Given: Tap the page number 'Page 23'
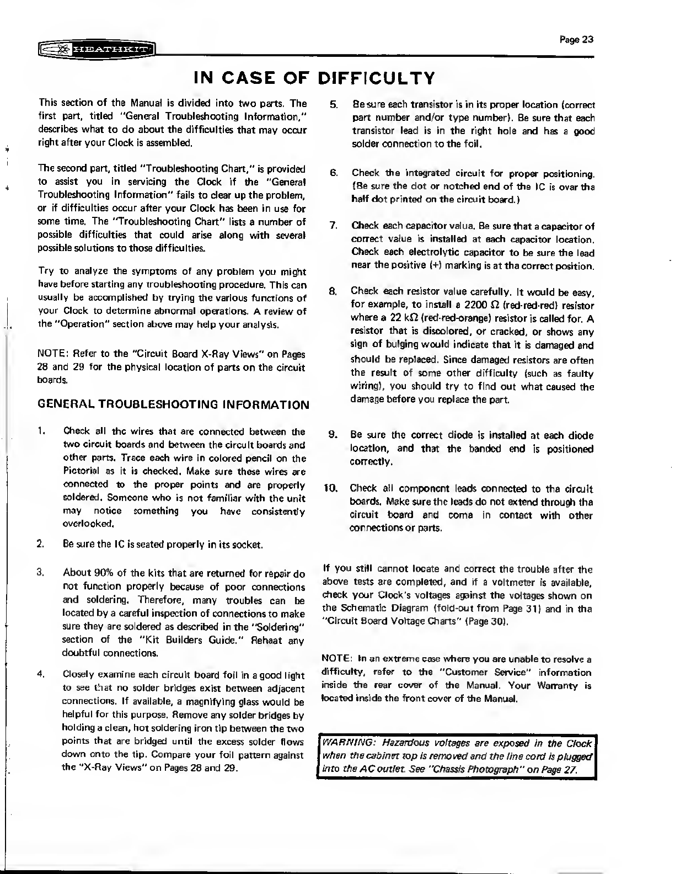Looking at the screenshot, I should click(x=576, y=39).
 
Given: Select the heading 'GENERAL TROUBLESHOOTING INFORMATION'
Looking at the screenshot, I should click(x=173, y=404).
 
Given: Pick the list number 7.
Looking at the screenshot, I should click(x=333, y=226).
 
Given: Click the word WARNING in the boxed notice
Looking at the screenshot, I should click(x=344, y=743).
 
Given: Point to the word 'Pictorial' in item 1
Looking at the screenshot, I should click(x=81, y=471).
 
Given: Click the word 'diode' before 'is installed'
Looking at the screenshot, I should click(x=480, y=435).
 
